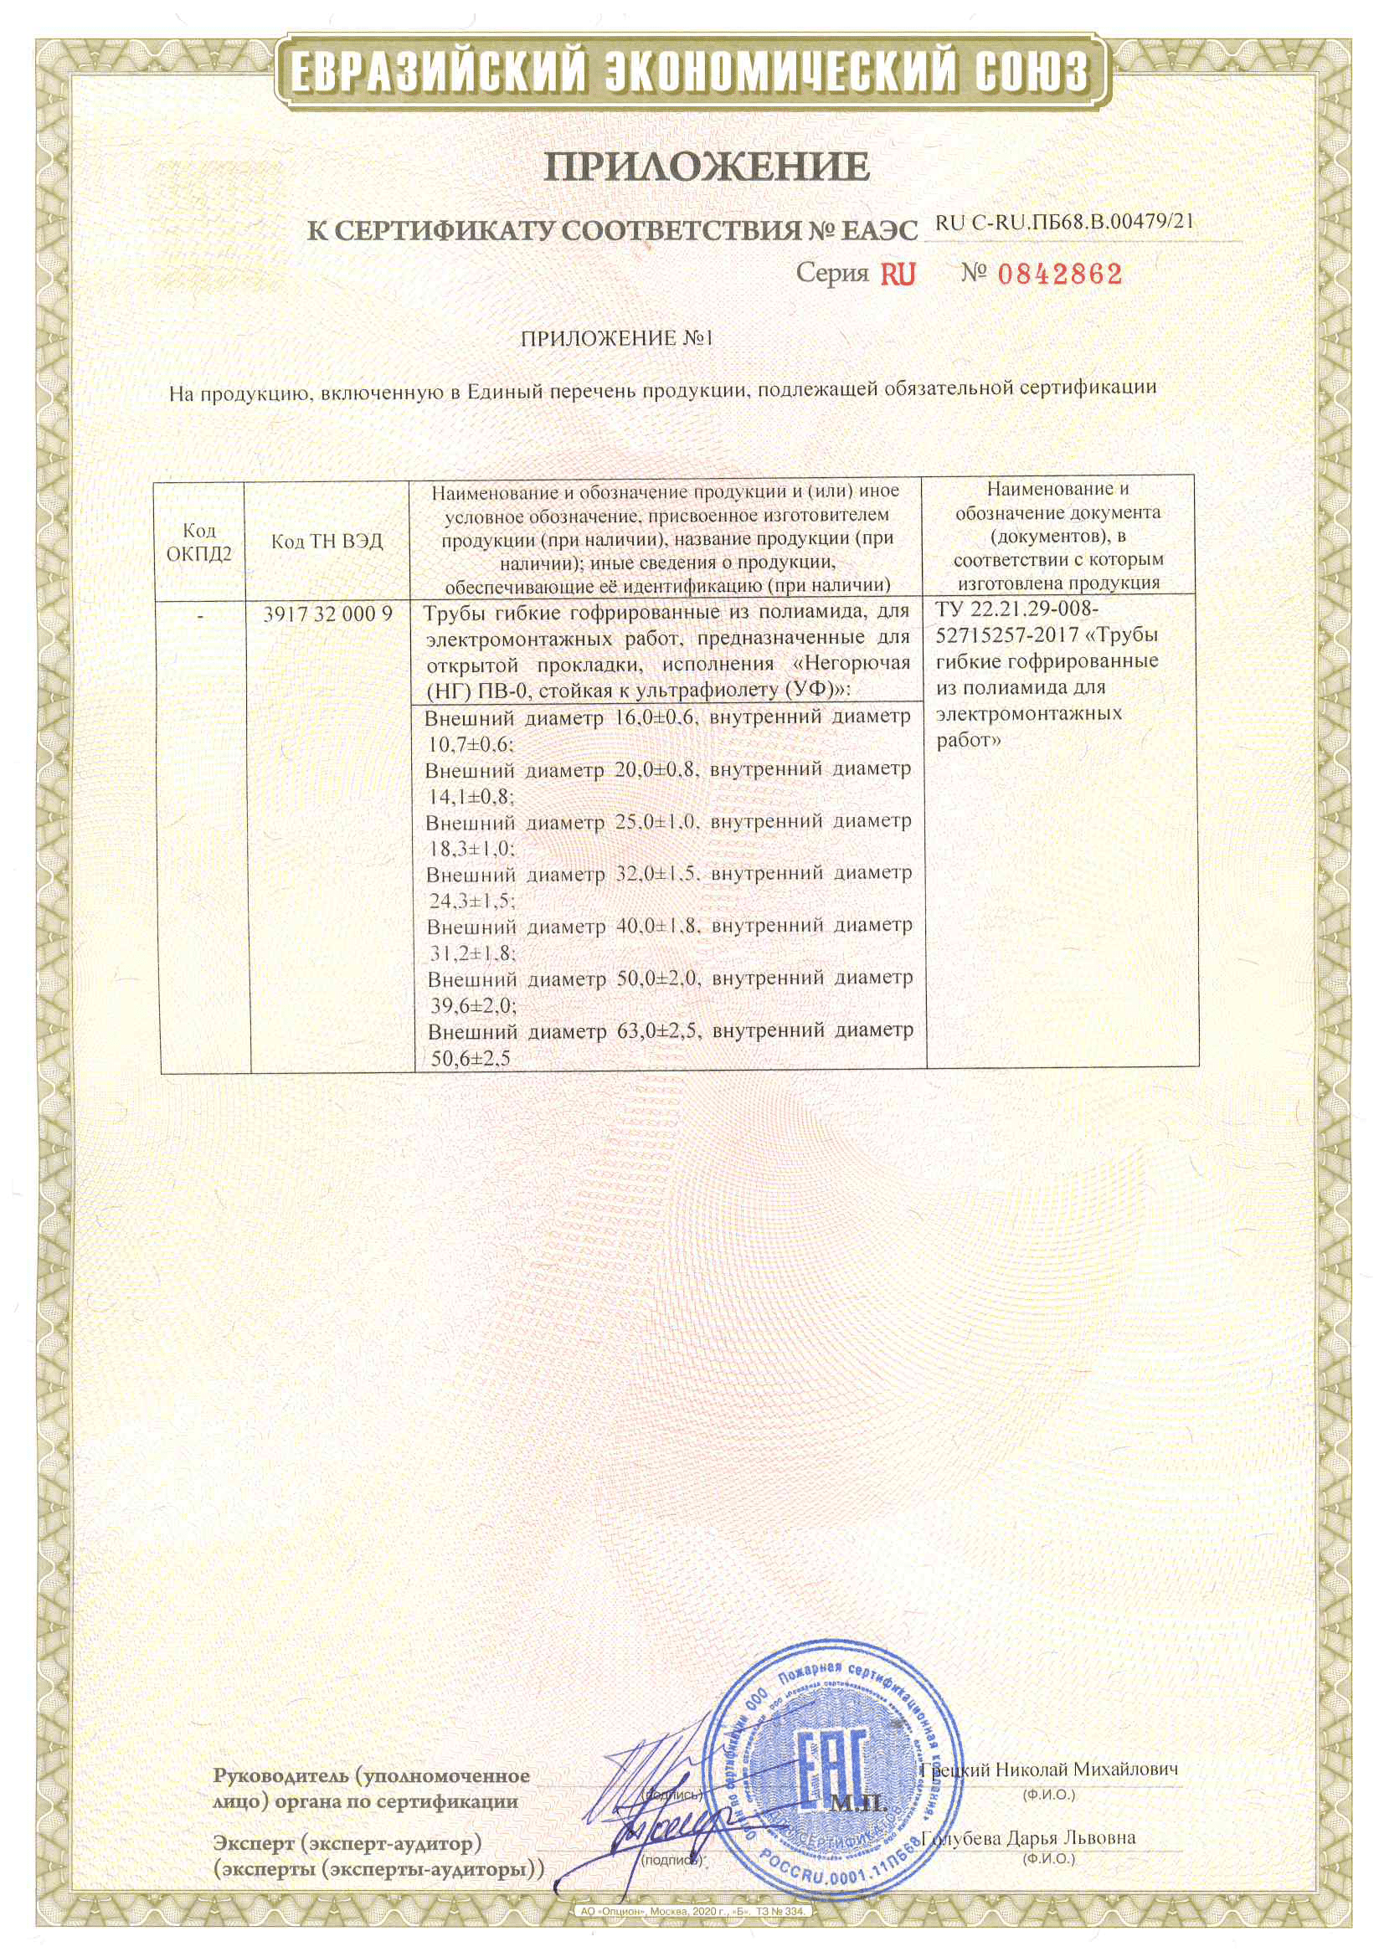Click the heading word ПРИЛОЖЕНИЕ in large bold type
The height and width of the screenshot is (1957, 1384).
click(x=707, y=168)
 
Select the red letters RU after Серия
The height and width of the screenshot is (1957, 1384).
click(x=897, y=275)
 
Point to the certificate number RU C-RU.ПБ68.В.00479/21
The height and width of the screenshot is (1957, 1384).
click(x=1064, y=223)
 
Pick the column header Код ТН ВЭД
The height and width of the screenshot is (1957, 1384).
click(x=327, y=542)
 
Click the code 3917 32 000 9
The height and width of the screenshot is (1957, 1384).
click(x=327, y=614)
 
